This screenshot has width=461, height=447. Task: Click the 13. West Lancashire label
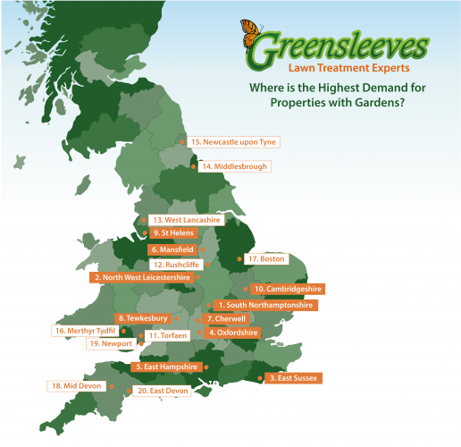(186, 219)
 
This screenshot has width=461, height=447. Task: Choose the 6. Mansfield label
(174, 249)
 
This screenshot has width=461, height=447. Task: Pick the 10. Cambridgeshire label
(287, 290)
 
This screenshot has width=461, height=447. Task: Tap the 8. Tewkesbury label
(142, 318)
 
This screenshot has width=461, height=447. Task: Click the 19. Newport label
(111, 343)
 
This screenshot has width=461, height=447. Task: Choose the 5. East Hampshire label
(165, 367)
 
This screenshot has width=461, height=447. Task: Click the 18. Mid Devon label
(76, 386)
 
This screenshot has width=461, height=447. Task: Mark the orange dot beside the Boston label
(239, 259)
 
